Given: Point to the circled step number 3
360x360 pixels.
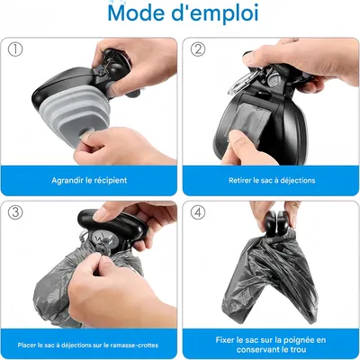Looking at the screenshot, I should (x=15, y=213).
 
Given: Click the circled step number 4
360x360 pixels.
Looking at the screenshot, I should (x=198, y=213).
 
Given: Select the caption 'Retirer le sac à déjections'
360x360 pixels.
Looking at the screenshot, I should (x=270, y=180).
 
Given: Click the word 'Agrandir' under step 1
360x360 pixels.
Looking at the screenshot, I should (x=68, y=180).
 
